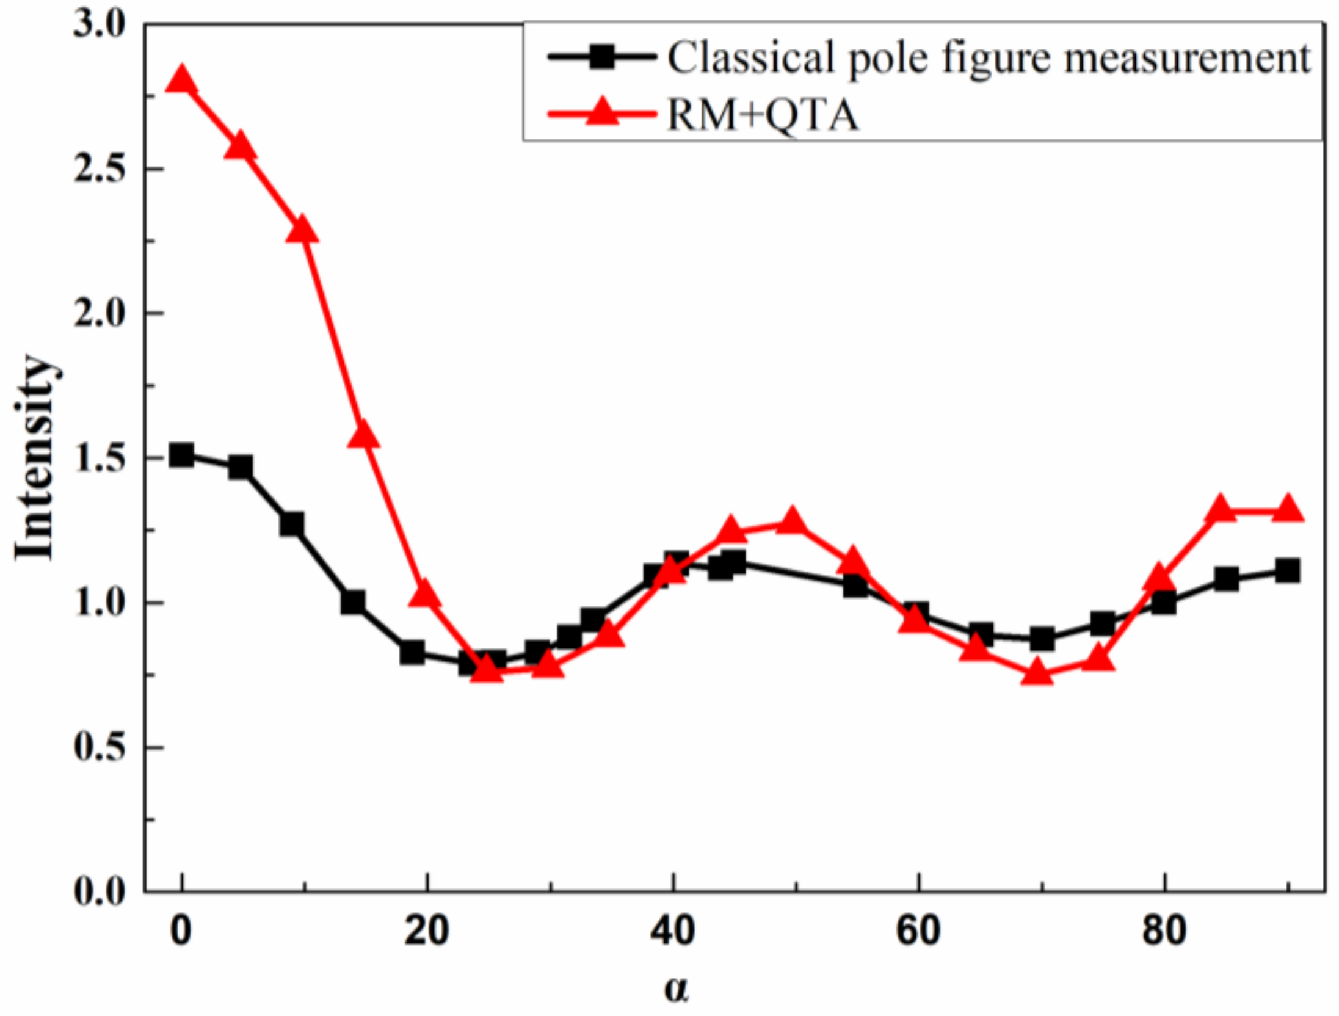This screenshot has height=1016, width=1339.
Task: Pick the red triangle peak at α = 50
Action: [x=792, y=521]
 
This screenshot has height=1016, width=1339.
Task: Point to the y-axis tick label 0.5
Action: [x=100, y=747]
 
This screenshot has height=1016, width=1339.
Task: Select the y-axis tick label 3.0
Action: [x=100, y=26]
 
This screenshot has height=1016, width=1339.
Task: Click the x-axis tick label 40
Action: [x=672, y=931]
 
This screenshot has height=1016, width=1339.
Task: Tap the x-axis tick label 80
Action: [x=1164, y=931]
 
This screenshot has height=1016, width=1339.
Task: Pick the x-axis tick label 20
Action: [x=426, y=931]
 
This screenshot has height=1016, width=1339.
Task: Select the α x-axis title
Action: [x=676, y=989]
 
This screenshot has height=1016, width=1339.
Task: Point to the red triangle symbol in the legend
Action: [x=602, y=112]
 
